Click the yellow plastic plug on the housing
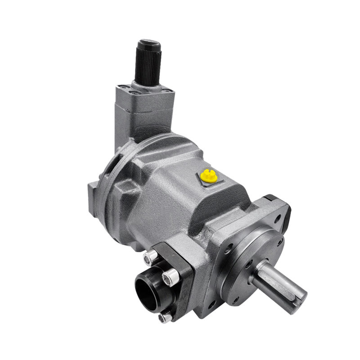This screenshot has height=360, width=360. pos(209,176)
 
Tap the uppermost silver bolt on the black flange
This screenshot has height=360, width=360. pos(150,257)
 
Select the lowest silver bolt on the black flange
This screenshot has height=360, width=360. pos(165,317)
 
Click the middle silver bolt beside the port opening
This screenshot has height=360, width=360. pos(170,278)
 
